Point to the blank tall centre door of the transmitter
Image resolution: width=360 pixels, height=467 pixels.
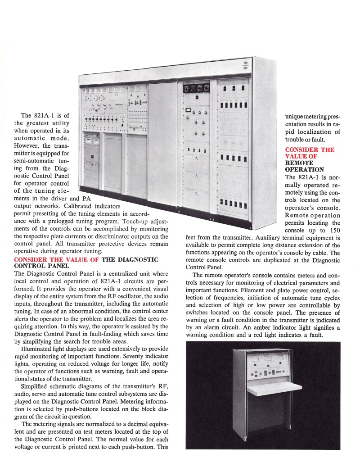[x=162, y=144]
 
